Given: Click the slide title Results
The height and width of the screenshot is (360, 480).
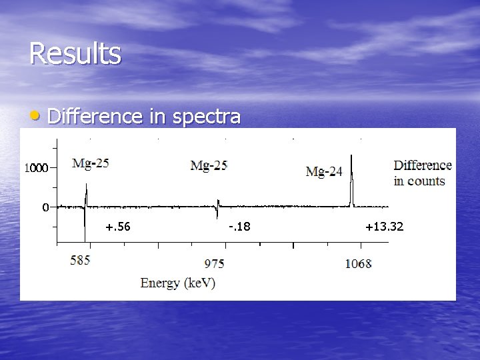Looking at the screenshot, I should pos(75,53).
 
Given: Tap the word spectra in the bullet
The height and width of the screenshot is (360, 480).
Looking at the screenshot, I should pos(206,117).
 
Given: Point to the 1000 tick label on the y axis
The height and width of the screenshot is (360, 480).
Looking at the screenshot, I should pos(36,169).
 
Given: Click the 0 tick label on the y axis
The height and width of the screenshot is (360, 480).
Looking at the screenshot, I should pos(45,207).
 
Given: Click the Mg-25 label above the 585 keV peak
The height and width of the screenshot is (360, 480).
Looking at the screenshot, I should pos(91,163).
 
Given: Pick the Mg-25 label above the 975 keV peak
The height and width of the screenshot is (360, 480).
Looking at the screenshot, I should pos(209,165).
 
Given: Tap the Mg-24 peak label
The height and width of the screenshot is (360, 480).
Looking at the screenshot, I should pos(324,171).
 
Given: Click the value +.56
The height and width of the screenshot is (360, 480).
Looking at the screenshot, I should pos(118,227).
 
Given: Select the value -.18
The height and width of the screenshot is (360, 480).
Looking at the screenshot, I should pos(239,227).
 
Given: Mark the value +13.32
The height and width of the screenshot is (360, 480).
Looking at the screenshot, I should pos(384,227).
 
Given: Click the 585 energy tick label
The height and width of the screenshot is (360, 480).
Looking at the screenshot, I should pos(81,261).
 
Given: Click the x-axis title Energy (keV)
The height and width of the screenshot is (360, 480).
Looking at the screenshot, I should pos(178,283).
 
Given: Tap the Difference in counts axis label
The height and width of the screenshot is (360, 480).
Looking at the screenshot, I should pos(423,173).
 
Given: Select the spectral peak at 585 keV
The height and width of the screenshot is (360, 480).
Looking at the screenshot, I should pos(85,197).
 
